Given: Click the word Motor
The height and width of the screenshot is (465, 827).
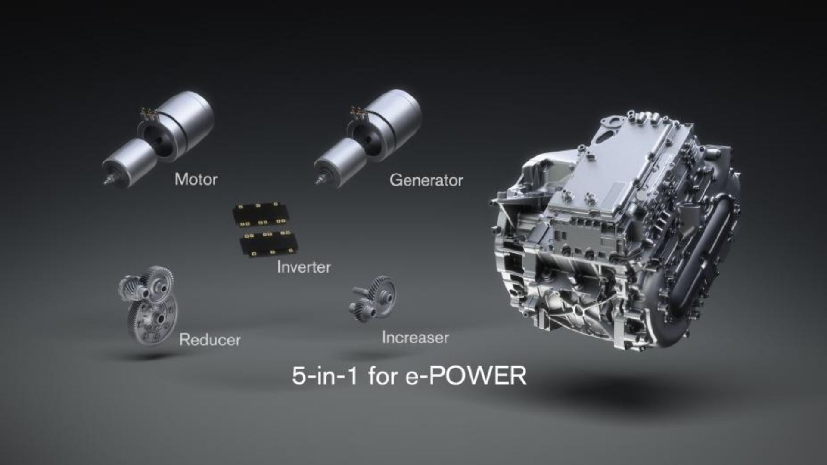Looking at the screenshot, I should pos(196,179).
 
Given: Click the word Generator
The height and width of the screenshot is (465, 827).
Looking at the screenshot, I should pos(426,180).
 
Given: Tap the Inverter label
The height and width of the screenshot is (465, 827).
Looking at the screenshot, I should pos(304,267).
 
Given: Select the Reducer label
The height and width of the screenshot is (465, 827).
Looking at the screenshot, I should pos(210,340).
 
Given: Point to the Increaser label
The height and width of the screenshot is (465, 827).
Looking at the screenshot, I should pos(415,338).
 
